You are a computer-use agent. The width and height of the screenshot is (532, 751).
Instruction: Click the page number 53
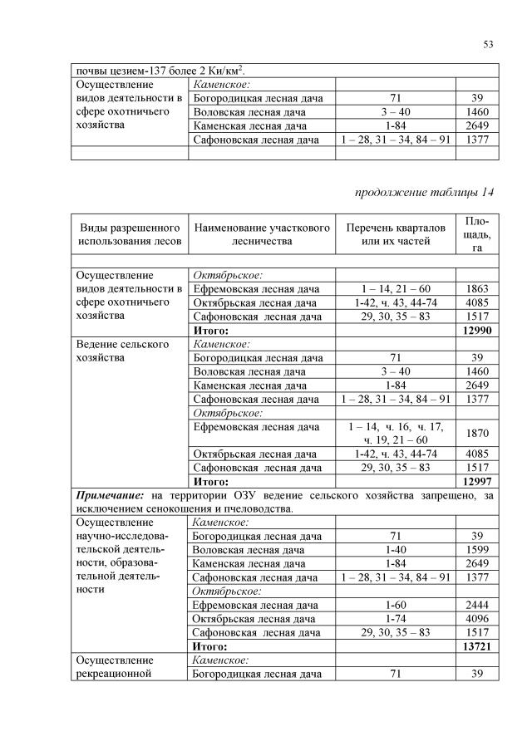(488, 44)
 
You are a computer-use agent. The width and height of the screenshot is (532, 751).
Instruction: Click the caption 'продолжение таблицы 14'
(425, 193)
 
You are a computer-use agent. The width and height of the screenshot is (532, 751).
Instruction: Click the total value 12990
(478, 330)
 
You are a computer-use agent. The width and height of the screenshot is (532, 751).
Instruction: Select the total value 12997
(478, 481)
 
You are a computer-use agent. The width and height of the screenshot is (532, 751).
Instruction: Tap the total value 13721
(478, 645)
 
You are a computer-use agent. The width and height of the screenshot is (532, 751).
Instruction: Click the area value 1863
(478, 288)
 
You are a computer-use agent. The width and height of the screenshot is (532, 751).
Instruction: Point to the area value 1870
(478, 433)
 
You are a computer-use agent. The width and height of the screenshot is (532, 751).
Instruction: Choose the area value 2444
(478, 605)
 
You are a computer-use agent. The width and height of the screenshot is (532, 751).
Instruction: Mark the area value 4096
(478, 618)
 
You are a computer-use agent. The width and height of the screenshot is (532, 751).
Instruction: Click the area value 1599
(478, 550)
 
